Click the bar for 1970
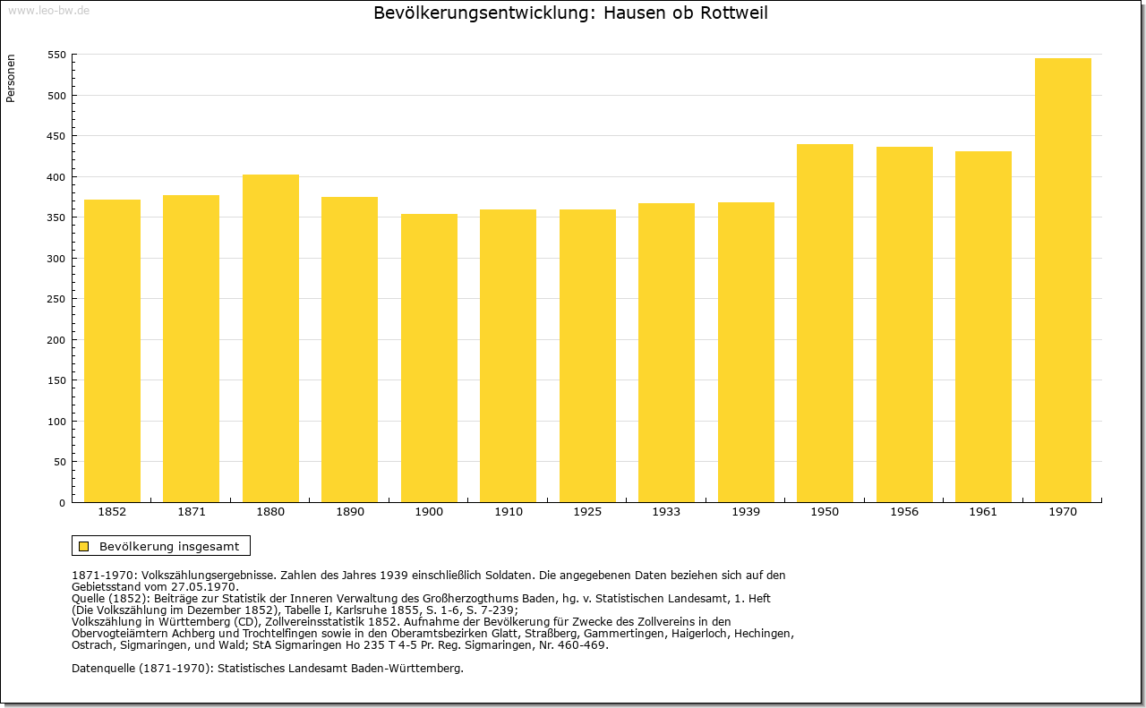click(x=1063, y=280)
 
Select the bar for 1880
click(x=270, y=338)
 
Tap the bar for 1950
click(x=825, y=323)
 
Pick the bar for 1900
click(x=429, y=358)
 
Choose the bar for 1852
click(x=112, y=351)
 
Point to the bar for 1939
click(x=746, y=352)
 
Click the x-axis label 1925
click(x=587, y=512)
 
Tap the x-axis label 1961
click(x=983, y=512)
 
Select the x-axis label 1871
click(x=192, y=512)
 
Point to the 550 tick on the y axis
click(x=56, y=55)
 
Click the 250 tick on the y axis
click(x=56, y=299)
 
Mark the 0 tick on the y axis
click(x=62, y=503)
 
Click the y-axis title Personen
click(x=11, y=80)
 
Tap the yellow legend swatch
click(x=84, y=546)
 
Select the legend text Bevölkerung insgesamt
click(x=169, y=546)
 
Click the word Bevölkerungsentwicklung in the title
click(x=479, y=13)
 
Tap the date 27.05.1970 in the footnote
click(x=208, y=586)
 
